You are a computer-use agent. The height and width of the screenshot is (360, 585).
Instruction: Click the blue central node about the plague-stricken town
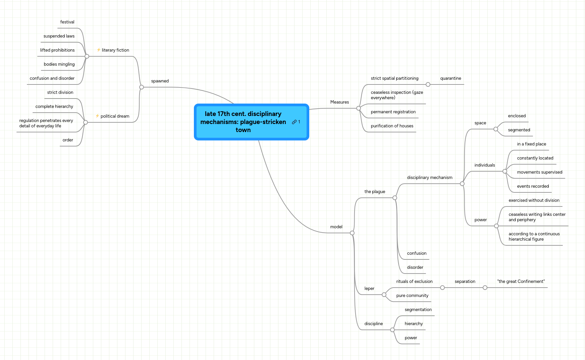[x=243, y=122]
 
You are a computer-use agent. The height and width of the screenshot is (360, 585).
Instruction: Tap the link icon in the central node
[x=294, y=122]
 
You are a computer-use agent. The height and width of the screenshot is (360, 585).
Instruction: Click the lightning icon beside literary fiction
[x=99, y=50]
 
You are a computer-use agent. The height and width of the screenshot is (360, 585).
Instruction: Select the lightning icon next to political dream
[x=97, y=116]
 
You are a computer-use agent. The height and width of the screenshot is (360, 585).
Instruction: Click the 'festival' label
[x=67, y=22]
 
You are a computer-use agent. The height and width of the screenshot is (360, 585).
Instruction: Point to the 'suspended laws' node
[x=59, y=36]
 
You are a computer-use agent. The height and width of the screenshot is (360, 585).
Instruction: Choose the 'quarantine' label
[x=450, y=78]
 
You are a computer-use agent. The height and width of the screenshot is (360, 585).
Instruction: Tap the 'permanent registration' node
[x=393, y=112]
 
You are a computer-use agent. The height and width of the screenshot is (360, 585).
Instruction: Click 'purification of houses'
[x=392, y=126]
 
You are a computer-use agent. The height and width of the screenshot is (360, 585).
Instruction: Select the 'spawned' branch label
[x=160, y=81]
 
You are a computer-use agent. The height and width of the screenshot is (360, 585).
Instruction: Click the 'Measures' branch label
[x=339, y=102]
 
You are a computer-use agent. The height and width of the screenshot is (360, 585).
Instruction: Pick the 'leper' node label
[x=369, y=289]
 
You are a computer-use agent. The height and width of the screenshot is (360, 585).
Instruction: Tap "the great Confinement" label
[x=521, y=282]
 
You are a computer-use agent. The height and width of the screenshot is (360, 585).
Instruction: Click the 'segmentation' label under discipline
[x=418, y=310]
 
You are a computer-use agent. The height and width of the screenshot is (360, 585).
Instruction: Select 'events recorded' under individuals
[x=533, y=186]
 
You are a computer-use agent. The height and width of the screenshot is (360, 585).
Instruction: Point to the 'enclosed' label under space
[x=517, y=116]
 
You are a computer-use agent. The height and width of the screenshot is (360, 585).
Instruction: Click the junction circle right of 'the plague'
[x=395, y=198]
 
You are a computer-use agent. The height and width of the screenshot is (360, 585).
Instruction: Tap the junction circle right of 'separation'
[x=485, y=288]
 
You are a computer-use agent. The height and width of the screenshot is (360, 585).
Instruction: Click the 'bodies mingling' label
[x=59, y=64]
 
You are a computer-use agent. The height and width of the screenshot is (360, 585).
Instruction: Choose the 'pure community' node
[x=412, y=296]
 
